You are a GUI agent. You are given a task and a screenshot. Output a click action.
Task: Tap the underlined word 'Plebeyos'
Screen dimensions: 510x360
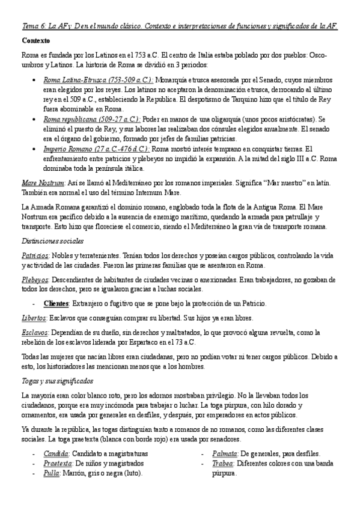tap(35, 279)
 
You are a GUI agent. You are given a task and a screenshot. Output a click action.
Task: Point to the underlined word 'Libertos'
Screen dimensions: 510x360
tap(34, 318)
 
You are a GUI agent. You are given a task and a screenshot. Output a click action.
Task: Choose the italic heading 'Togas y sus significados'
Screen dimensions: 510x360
tap(56, 381)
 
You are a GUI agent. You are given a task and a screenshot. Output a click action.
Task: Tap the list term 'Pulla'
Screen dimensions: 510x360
tap(52, 473)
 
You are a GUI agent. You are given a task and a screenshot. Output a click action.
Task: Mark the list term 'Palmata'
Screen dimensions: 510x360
tap(225, 453)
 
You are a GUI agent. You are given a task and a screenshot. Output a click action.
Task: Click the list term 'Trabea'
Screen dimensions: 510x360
tap(223, 463)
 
